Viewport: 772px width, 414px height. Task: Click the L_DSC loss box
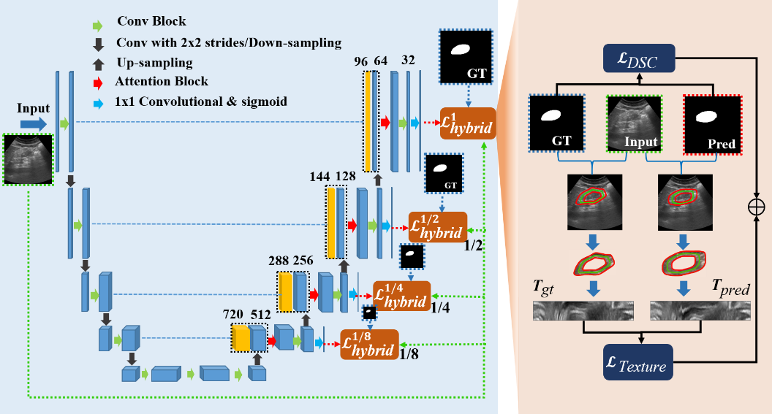(640, 60)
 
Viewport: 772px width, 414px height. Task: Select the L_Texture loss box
(639, 362)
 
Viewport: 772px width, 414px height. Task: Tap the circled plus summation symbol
(754, 207)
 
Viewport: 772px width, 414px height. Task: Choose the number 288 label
(279, 260)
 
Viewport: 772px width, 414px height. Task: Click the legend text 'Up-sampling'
(154, 64)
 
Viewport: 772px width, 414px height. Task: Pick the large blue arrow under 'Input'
(33, 125)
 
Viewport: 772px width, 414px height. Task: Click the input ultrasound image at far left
(29, 158)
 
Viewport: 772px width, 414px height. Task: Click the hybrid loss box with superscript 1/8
(369, 345)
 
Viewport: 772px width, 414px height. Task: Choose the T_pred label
(730, 288)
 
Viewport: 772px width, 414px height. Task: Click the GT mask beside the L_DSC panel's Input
(557, 124)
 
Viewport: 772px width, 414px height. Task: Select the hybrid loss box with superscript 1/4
(401, 295)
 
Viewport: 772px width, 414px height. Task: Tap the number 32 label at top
(408, 61)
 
